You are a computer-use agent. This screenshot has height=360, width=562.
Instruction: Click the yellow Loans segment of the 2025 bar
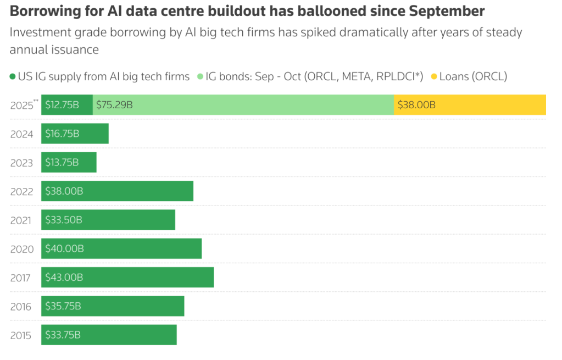click(x=470, y=105)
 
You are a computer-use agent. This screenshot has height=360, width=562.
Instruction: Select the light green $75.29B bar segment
click(x=243, y=105)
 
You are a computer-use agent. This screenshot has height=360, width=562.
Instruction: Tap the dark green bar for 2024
click(x=75, y=134)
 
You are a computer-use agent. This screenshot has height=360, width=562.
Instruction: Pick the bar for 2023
click(x=69, y=162)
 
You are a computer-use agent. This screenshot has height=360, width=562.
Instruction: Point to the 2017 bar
click(x=127, y=278)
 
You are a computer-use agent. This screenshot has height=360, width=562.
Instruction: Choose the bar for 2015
click(x=109, y=335)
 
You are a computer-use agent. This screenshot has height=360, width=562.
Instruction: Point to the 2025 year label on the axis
click(x=21, y=106)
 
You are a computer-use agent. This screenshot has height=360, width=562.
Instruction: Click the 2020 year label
click(x=22, y=249)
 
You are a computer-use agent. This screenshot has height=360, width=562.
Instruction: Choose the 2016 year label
click(x=22, y=307)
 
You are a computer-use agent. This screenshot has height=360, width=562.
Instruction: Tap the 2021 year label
click(x=22, y=220)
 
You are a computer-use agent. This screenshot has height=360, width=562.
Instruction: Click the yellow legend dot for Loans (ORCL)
click(x=433, y=76)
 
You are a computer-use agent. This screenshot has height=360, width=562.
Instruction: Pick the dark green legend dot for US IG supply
click(x=13, y=76)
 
